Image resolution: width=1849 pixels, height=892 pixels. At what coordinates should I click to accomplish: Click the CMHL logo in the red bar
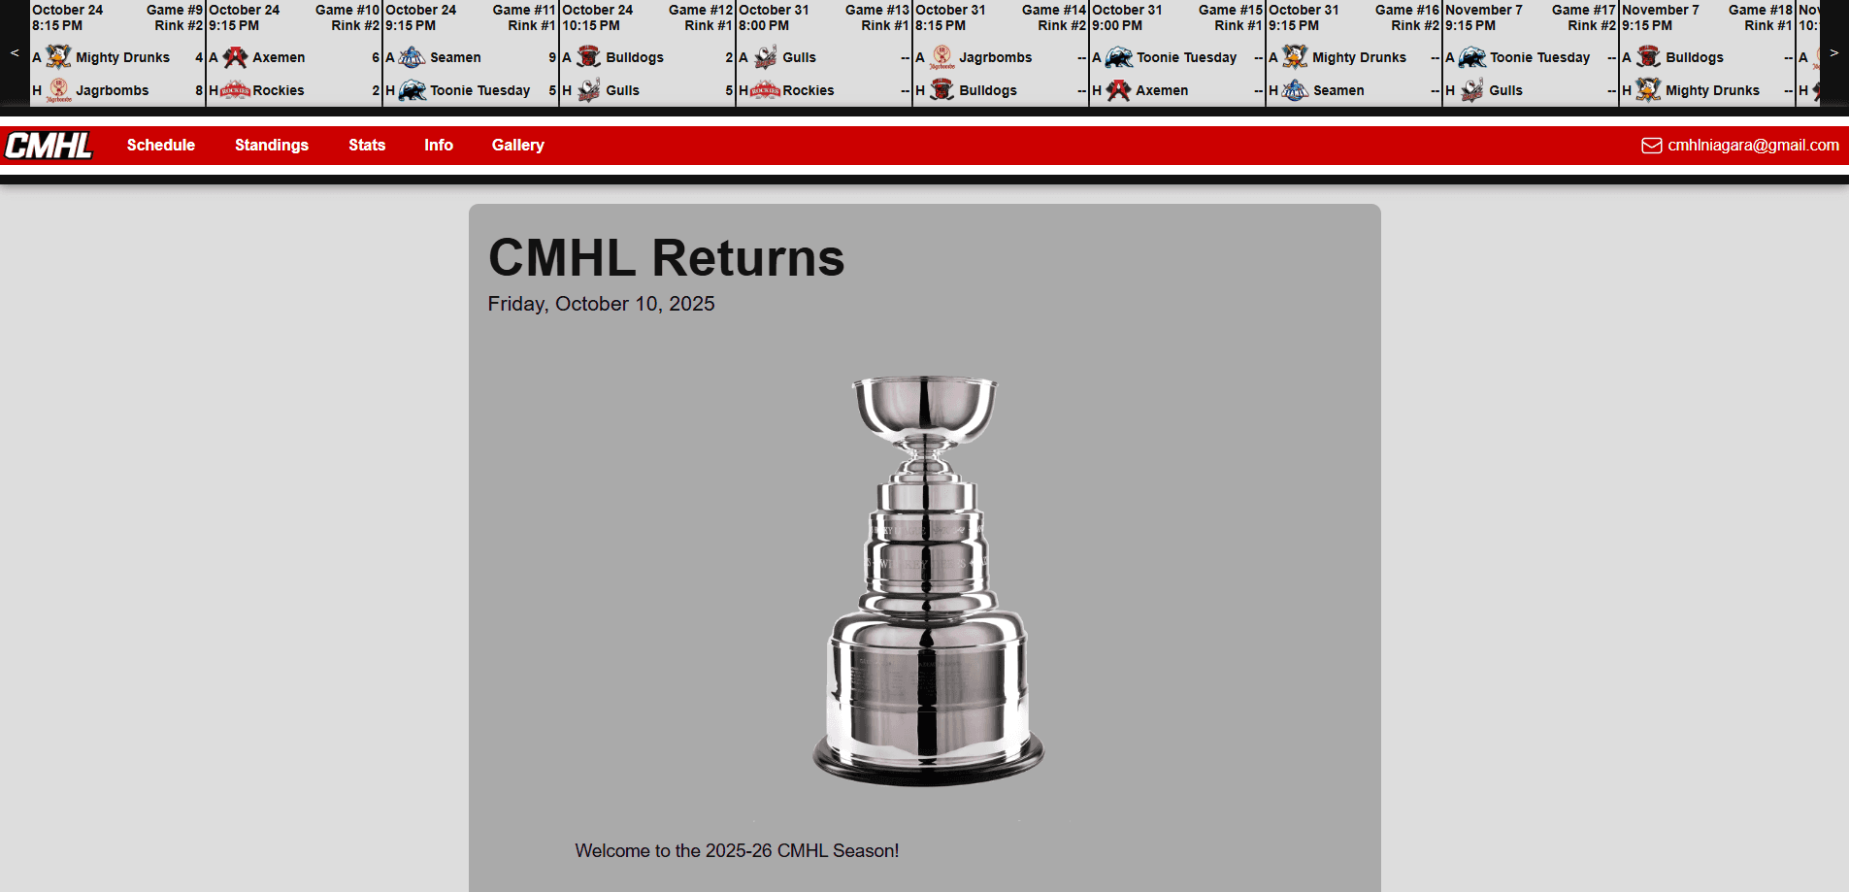pyautogui.click(x=49, y=146)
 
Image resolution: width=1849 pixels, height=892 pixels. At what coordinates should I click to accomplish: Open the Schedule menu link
pyautogui.click(x=161, y=146)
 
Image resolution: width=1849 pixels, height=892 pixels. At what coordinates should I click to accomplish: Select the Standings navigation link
pyautogui.click(x=272, y=146)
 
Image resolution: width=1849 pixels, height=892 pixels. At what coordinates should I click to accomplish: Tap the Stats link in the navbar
pyautogui.click(x=367, y=146)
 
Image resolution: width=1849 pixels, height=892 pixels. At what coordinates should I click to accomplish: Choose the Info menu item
pyautogui.click(x=439, y=146)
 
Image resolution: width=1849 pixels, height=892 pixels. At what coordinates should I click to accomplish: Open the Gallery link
pyautogui.click(x=518, y=146)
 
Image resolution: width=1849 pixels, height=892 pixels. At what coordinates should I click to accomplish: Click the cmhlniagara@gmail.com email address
pyautogui.click(x=1753, y=146)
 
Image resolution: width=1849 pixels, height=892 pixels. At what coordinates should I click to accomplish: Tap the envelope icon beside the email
pyautogui.click(x=1651, y=146)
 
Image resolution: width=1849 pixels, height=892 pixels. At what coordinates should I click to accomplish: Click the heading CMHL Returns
pyautogui.click(x=666, y=258)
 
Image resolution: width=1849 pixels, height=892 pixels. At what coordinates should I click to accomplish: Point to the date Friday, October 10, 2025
pyautogui.click(x=601, y=304)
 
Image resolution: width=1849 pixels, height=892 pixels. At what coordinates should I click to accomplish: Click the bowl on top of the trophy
pyautogui.click(x=925, y=403)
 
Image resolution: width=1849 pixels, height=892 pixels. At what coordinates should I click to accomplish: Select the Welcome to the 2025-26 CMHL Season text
pyautogui.click(x=737, y=851)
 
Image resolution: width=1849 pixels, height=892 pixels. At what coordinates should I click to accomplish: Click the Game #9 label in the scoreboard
pyautogui.click(x=175, y=10)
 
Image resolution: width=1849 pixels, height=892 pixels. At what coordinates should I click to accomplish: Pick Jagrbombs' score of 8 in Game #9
pyautogui.click(x=199, y=90)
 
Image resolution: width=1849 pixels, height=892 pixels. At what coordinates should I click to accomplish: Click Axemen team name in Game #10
pyautogui.click(x=279, y=57)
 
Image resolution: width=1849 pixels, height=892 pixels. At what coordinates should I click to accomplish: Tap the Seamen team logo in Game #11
pyautogui.click(x=413, y=57)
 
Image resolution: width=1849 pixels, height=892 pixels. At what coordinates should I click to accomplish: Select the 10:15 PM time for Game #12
pyautogui.click(x=591, y=26)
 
